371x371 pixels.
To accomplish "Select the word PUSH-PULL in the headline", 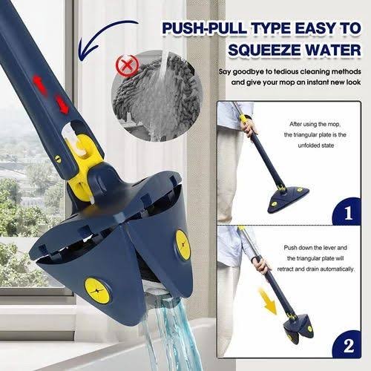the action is tap(205, 29).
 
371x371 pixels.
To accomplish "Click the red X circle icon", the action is tap(128, 66).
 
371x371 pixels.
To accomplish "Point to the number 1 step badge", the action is tap(348, 212).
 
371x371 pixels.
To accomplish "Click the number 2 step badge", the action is tap(348, 345).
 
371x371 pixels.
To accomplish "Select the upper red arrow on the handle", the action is tap(39, 85).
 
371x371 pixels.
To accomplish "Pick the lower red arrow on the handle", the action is tap(62, 104).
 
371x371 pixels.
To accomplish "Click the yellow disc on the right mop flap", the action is tap(183, 245).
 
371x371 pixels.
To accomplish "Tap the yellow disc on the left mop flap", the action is tap(97, 291).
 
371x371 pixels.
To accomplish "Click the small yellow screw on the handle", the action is tap(57, 159).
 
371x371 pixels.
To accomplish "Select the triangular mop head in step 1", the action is tap(289, 199).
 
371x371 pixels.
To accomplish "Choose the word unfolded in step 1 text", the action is tap(309, 145).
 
